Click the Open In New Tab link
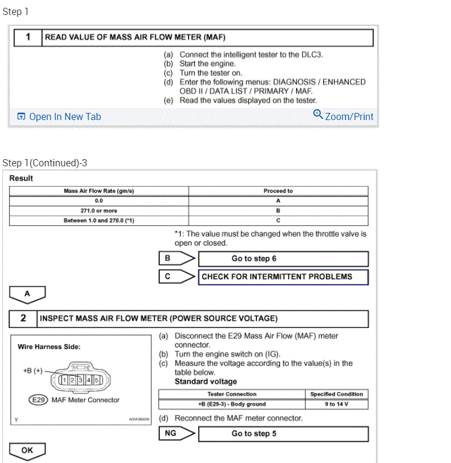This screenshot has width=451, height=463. pyautogui.click(x=59, y=117)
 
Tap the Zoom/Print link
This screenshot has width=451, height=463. pyautogui.click(x=344, y=116)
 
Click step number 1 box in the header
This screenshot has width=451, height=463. pyautogui.click(x=28, y=37)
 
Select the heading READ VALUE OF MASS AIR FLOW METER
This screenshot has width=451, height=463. pyautogui.click(x=135, y=37)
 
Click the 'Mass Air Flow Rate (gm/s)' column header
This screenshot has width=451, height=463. pyautogui.click(x=98, y=191)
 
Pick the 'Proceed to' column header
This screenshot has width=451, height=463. pyautogui.click(x=278, y=191)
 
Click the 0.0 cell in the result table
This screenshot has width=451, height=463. pyautogui.click(x=98, y=201)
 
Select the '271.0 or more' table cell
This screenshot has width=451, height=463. pyautogui.click(x=98, y=211)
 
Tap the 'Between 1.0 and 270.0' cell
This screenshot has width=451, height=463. pyautogui.click(x=98, y=220)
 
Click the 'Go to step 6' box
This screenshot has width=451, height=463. pyautogui.click(x=283, y=259)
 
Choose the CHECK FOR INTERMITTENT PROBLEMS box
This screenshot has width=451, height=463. pyautogui.click(x=283, y=277)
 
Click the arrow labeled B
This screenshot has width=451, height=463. pyautogui.click(x=177, y=259)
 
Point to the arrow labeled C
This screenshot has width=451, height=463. pyautogui.click(x=177, y=277)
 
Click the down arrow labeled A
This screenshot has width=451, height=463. pyautogui.click(x=28, y=295)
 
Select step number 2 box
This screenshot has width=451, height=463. pyautogui.click(x=23, y=318)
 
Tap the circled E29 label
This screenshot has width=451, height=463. pyautogui.click(x=38, y=400)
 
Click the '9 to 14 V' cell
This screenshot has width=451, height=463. pyautogui.click(x=336, y=404)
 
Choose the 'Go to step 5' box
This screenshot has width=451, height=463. pyautogui.click(x=283, y=434)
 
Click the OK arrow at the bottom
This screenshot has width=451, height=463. pyautogui.click(x=28, y=450)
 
